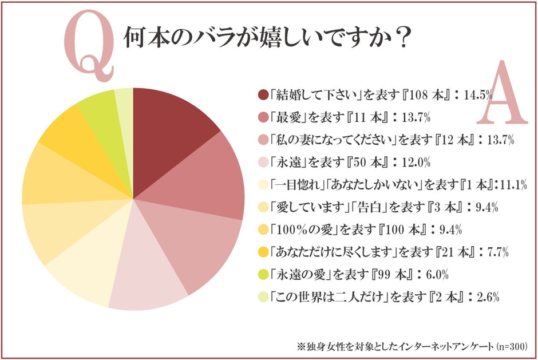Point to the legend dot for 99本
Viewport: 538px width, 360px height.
(x=263, y=274)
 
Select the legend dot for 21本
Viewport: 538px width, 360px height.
(x=263, y=252)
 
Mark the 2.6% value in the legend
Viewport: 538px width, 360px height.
(x=489, y=296)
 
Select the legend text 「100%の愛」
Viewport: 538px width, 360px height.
(x=306, y=230)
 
